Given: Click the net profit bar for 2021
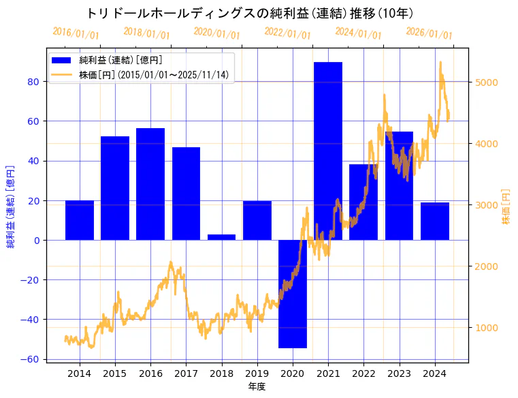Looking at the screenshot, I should pyautogui.click(x=328, y=150).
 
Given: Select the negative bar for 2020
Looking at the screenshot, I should pyautogui.click(x=293, y=294).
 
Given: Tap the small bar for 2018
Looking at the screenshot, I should pyautogui.click(x=221, y=237).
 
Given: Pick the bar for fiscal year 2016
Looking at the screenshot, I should pyautogui.click(x=150, y=184).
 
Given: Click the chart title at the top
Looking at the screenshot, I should pyautogui.click(x=250, y=13).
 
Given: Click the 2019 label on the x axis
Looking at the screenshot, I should pyautogui.click(x=257, y=373).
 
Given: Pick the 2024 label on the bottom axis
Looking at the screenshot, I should pyautogui.click(x=434, y=373).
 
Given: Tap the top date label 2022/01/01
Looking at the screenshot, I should pyautogui.click(x=287, y=33).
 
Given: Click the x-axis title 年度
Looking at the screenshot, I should pyautogui.click(x=257, y=386).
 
